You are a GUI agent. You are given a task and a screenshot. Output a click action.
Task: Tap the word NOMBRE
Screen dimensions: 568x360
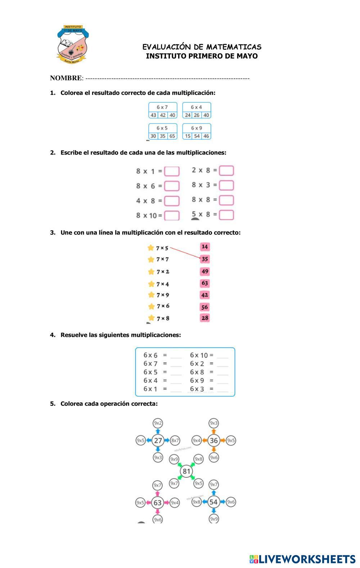click(66, 78)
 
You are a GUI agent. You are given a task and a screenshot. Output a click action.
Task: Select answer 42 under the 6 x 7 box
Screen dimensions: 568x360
click(163, 115)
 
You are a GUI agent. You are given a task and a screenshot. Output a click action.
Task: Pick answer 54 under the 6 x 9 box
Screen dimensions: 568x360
click(197, 136)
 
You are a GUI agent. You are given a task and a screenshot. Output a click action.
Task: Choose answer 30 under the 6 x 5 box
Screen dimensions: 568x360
click(153, 136)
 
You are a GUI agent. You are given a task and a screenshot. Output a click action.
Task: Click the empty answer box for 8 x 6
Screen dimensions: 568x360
click(172, 186)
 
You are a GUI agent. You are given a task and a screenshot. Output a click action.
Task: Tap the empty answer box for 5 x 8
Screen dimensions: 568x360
click(226, 215)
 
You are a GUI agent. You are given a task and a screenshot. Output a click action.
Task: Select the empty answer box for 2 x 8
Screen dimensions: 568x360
click(226, 170)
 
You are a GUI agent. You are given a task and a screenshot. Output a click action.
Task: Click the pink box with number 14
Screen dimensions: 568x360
click(204, 247)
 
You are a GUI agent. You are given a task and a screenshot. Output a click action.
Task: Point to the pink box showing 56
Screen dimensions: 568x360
click(204, 307)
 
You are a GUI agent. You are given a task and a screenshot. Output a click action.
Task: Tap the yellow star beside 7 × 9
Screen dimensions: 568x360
click(151, 295)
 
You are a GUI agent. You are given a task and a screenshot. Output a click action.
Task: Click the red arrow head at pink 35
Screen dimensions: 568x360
click(200, 257)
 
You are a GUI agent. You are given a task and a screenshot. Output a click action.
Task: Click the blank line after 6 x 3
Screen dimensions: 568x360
click(223, 389)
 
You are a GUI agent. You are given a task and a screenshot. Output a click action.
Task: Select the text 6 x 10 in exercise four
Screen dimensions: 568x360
click(199, 355)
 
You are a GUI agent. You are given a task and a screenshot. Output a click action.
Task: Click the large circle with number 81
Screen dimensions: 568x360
click(186, 471)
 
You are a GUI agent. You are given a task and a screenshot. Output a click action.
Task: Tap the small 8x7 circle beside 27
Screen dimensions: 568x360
click(175, 440)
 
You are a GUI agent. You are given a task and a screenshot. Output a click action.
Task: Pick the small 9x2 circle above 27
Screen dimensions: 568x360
click(158, 423)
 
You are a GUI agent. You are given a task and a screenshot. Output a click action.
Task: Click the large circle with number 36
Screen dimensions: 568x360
click(214, 440)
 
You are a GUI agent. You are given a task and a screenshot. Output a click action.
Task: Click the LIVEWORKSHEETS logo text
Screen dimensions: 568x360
click(307, 559)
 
